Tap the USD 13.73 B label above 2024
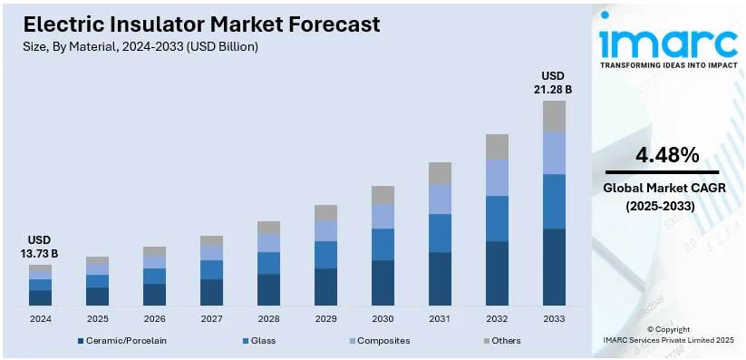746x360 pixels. (x=40, y=247)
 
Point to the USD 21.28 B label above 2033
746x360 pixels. (x=554, y=83)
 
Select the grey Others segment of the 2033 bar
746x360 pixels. (x=554, y=115)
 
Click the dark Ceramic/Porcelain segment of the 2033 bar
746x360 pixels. (x=554, y=267)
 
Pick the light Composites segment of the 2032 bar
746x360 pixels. (x=497, y=178)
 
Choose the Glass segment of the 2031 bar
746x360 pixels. (x=440, y=233)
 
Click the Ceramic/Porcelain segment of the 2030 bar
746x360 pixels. (x=383, y=282)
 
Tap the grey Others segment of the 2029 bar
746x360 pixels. (x=325, y=213)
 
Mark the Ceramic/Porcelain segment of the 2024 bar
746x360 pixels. (x=40, y=297)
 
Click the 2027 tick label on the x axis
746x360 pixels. (x=211, y=319)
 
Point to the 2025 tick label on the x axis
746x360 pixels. (x=97, y=319)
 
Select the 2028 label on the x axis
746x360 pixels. (x=268, y=319)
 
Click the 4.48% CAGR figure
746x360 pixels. (x=667, y=155)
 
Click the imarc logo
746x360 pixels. (x=668, y=43)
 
